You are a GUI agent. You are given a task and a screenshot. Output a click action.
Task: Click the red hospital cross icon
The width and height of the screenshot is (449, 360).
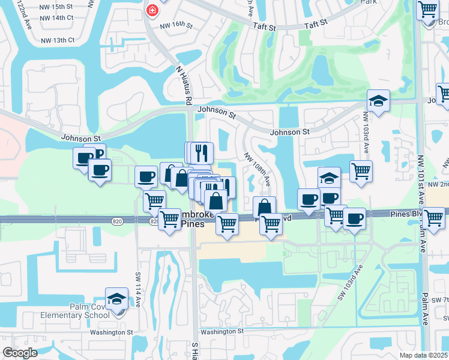click(x=152, y=10)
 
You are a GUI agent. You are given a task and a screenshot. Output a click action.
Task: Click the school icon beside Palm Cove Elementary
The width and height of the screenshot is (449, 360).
click(x=116, y=299)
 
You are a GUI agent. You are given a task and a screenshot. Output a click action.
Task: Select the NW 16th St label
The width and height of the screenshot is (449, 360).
click(x=176, y=26)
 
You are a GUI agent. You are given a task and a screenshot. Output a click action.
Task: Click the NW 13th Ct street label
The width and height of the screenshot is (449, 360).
click(x=57, y=40)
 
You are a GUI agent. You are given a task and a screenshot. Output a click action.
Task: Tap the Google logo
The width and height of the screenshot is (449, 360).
click(x=20, y=353)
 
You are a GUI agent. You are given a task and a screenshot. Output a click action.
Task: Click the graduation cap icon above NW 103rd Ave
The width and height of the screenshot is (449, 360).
click(x=378, y=101)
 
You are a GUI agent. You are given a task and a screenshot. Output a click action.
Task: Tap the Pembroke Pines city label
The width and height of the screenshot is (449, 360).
click(x=189, y=218)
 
